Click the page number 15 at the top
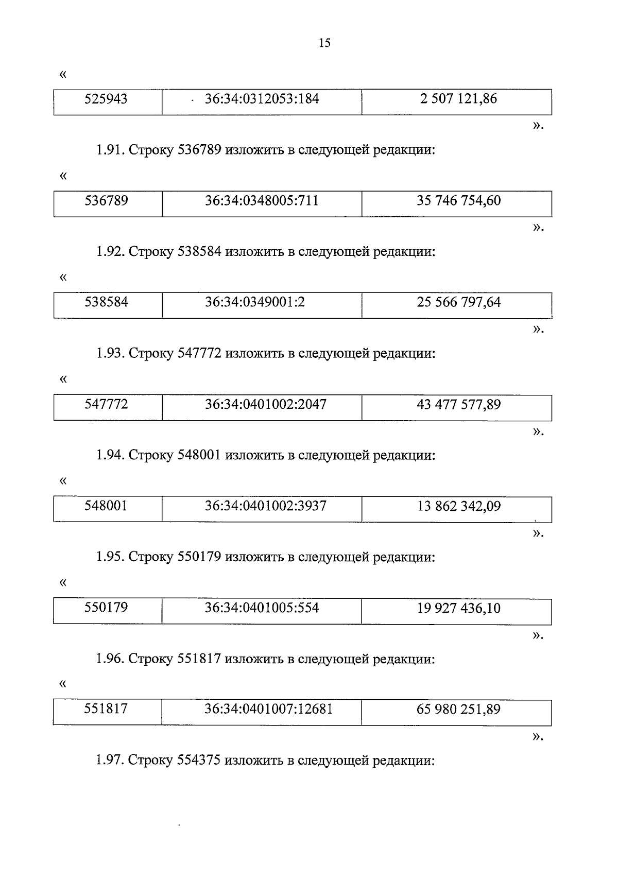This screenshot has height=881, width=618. click(x=324, y=42)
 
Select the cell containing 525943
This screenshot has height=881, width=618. click(x=108, y=102)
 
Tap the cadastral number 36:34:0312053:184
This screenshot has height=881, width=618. click(x=262, y=99)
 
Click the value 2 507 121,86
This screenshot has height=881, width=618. click(x=458, y=99)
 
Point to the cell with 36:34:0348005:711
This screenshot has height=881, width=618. click(x=262, y=204)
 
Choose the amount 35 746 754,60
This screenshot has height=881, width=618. click(x=459, y=201)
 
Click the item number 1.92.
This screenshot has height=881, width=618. click(x=111, y=251)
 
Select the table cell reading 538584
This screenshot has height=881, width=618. click(x=108, y=305)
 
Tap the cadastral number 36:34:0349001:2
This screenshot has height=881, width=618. click(x=255, y=302)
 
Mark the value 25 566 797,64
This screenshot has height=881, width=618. click(x=459, y=302)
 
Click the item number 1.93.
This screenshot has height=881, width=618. click(x=111, y=353)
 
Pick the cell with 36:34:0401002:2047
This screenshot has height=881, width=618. click(x=262, y=407)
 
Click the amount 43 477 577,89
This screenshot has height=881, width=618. click(x=459, y=404)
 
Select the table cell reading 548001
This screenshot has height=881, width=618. click(x=108, y=509)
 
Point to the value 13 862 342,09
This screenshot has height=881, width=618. click(x=459, y=506)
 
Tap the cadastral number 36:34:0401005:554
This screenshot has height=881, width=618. click(x=262, y=608)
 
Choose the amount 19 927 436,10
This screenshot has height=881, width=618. click(x=459, y=608)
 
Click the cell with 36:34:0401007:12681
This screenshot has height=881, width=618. click(x=262, y=712)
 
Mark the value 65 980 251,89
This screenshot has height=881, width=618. click(x=458, y=709)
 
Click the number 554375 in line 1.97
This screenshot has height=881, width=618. click(x=198, y=761)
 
